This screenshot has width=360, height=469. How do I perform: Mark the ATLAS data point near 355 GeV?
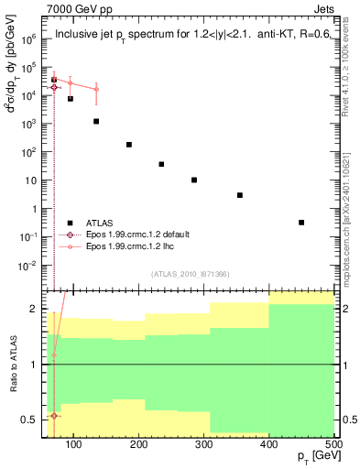240,195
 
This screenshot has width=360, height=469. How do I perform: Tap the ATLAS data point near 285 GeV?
194,180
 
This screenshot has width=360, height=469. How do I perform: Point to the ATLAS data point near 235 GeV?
161,164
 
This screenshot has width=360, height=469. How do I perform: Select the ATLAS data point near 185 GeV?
129,145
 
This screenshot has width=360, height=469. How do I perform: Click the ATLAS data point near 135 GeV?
96,121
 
